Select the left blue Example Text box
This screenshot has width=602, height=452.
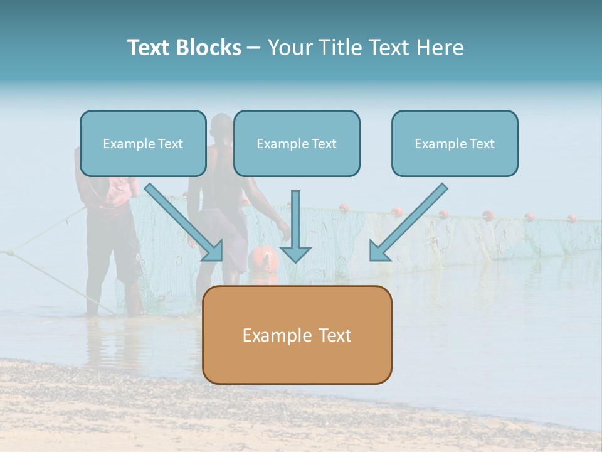(143, 144)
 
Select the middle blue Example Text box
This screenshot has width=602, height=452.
(297, 144)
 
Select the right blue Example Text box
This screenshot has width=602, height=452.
(455, 144)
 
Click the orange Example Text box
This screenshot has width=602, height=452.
(297, 335)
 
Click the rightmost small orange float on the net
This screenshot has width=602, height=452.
(572, 218)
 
